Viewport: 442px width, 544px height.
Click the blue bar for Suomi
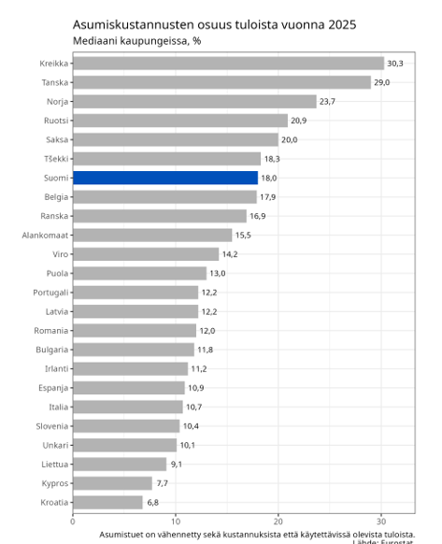click(165, 178)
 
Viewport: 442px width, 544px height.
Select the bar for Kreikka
click(228, 63)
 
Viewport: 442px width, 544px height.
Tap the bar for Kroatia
click(107, 502)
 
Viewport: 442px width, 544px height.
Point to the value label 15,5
click(243, 236)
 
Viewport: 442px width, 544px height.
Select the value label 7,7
click(163, 483)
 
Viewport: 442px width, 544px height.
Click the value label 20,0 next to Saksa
click(289, 139)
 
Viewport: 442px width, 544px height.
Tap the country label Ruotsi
click(55, 121)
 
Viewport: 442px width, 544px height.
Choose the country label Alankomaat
click(45, 236)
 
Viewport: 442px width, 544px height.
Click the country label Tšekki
click(55, 159)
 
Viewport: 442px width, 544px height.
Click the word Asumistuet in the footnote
click(123, 534)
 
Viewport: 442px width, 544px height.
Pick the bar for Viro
click(146, 254)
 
